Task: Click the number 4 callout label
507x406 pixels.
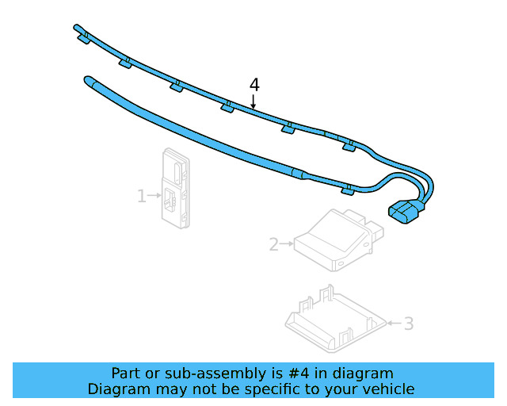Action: pos(254,84)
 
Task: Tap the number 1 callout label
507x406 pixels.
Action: pos(142,195)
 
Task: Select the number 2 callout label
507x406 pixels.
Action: pos(274,245)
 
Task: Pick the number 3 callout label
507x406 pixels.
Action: pos(408,323)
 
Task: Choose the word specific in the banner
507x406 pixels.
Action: pos(282,389)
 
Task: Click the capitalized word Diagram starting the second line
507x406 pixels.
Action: pos(118,389)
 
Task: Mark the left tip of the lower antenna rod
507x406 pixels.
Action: pos(86,78)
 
